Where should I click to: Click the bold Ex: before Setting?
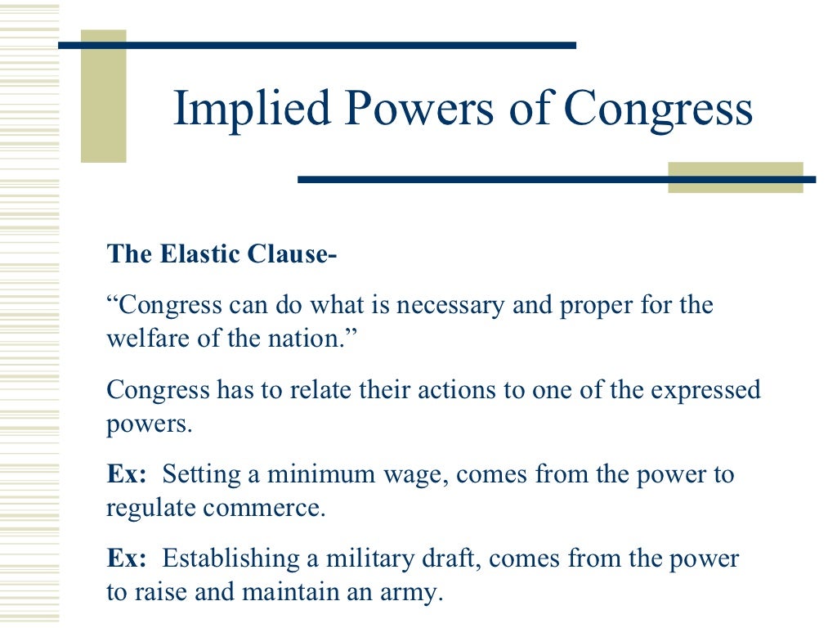pyautogui.click(x=127, y=475)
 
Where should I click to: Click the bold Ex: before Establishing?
pyautogui.click(x=127, y=559)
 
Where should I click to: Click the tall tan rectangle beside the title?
pyautogui.click(x=103, y=96)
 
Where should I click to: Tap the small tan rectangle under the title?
pyautogui.click(x=735, y=177)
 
